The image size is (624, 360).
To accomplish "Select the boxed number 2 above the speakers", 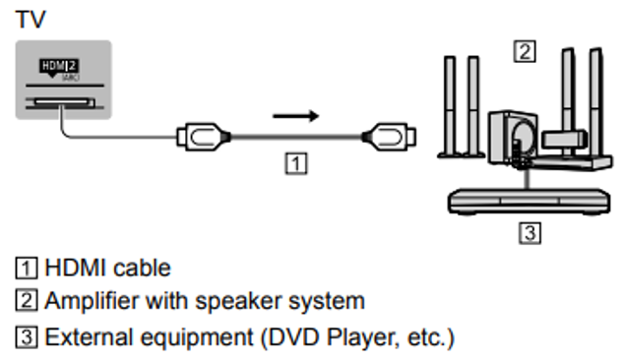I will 527,51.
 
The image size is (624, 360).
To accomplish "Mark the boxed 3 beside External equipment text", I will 26,338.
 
